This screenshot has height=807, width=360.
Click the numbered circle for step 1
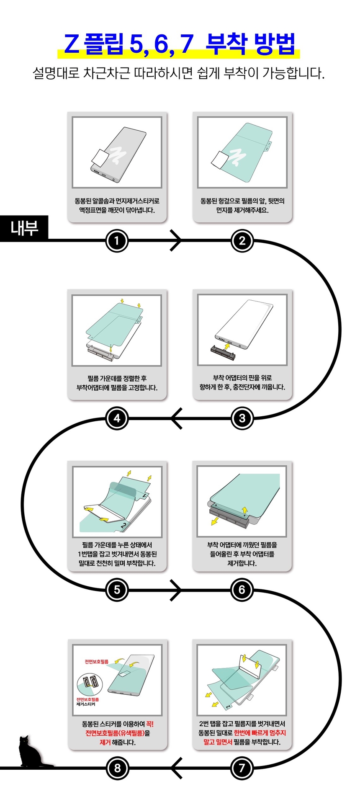[x=116, y=240]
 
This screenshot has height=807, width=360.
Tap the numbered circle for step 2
[x=242, y=240]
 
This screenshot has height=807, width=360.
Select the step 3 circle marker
[x=242, y=418]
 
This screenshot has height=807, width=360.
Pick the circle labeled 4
[x=117, y=418]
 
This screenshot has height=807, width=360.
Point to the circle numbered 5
[x=117, y=590]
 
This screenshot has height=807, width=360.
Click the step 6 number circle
[x=242, y=590]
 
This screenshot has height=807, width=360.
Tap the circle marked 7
[x=242, y=768]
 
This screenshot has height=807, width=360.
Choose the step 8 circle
[x=117, y=768]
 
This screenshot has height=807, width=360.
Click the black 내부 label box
[x=24, y=228]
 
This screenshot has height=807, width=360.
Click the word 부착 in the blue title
[x=226, y=44]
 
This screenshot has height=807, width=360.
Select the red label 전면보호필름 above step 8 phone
[x=97, y=662]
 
